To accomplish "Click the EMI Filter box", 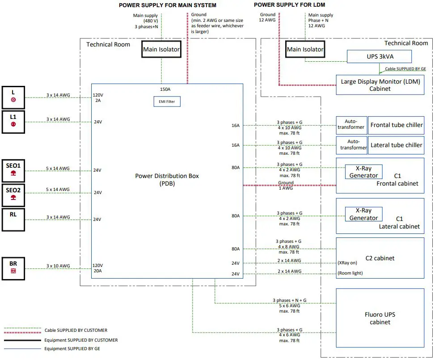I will [x=167, y=102].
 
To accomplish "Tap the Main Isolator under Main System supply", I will [x=161, y=50].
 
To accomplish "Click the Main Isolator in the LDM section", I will [x=305, y=49].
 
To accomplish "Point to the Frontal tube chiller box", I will [x=396, y=125].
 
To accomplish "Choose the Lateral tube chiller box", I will [x=396, y=145].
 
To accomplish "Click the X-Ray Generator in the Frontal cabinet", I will [x=363, y=171].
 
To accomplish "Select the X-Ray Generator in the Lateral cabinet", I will [x=363, y=214].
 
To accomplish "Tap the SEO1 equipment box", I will [x=13, y=169].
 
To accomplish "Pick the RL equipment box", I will [x=13, y=219].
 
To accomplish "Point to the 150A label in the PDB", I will [x=165, y=89].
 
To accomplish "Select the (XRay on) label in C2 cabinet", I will [x=347, y=263].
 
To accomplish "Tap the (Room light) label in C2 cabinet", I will [x=350, y=273].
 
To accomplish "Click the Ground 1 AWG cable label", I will [x=286, y=185].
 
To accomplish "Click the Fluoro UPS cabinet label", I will [x=380, y=318].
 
